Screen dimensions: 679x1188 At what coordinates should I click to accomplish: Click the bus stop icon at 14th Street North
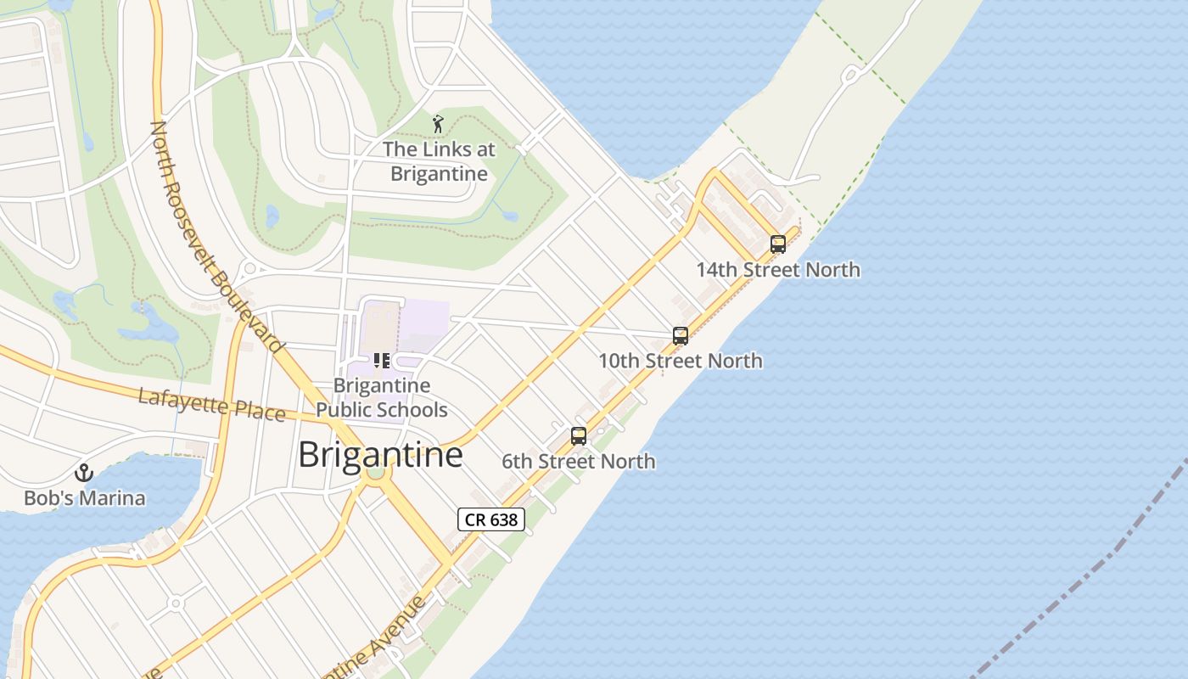777,244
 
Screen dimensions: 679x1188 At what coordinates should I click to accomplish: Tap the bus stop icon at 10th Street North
680,335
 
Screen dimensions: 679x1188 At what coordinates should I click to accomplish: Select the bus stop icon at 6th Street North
579,436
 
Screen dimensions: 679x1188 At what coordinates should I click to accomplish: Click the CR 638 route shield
491,519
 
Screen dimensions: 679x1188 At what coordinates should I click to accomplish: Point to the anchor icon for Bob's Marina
83,473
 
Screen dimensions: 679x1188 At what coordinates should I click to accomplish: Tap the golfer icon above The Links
438,124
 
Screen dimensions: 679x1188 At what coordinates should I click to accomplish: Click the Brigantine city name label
380,455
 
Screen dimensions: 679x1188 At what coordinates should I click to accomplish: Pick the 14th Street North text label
778,270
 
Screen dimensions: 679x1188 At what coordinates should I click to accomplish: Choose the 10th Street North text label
681,361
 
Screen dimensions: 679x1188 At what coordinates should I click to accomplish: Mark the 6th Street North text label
579,462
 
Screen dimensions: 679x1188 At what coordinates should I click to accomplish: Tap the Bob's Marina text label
84,498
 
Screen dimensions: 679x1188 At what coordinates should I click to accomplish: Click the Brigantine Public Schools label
381,397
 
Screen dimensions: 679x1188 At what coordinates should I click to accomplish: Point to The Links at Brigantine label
439,161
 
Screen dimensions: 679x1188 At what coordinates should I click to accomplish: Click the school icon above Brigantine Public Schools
381,361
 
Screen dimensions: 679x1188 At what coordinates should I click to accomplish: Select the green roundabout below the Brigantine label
374,473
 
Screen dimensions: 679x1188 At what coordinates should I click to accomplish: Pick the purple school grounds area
424,323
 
